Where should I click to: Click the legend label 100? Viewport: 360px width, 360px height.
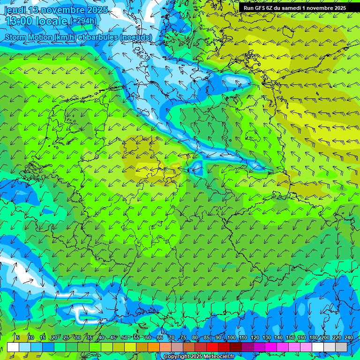[231, 338]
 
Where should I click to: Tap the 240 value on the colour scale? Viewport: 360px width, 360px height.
[348, 338]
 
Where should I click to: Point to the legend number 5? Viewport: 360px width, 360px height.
[18, 338]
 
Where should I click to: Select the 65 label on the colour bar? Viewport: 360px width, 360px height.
[159, 338]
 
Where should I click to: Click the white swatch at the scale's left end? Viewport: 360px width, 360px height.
[13, 347]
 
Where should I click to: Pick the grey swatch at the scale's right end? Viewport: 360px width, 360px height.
[341, 347]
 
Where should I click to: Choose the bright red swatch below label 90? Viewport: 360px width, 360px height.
[212, 347]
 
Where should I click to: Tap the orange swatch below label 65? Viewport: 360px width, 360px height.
[154, 347]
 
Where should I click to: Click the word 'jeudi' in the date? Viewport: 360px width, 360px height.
[15, 10]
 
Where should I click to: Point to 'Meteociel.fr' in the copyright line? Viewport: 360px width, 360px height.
[218, 357]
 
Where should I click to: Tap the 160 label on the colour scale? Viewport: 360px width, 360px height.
[301, 338]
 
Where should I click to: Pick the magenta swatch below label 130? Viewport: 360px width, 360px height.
[271, 347]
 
